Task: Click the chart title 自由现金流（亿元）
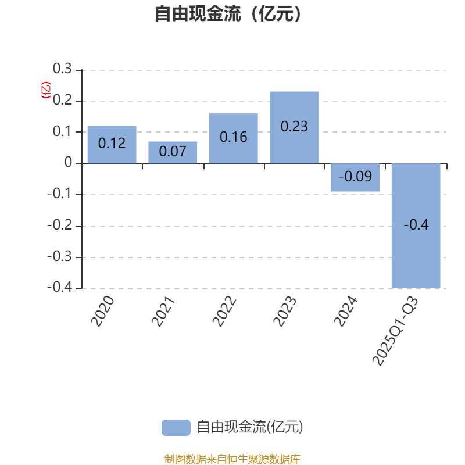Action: pos(228,13)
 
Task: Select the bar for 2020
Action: pos(112,144)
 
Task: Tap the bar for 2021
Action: pos(173,152)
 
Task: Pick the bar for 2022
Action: pos(234,138)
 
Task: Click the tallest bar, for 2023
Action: pos(294,127)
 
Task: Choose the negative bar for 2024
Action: pos(355,177)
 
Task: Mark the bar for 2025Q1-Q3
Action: pos(416,226)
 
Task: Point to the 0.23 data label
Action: pos(294,126)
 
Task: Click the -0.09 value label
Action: pos(355,177)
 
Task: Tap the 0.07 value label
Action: pos(173,151)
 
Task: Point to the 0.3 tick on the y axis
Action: pos(62,69)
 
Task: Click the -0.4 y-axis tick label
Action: pos(60,287)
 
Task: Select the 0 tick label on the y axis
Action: pos(68,162)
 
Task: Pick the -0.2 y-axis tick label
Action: pos(60,225)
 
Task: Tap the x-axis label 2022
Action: pos(224,312)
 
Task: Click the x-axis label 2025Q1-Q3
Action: pos(395,331)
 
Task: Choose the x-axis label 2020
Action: pos(103,312)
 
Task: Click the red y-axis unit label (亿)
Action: pos(46,90)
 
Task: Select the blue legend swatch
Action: pos(176,428)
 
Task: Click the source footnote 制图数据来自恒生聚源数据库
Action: pos(232,459)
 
